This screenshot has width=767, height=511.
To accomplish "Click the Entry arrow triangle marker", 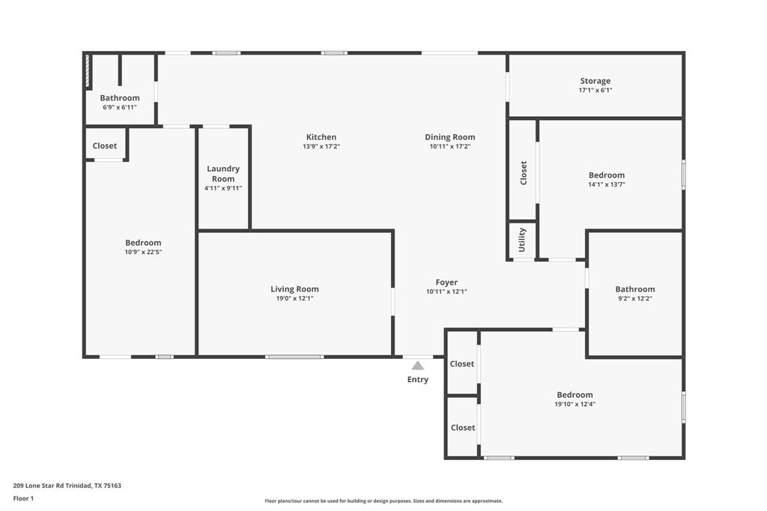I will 418,366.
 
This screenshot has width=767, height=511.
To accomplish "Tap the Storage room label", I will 595,81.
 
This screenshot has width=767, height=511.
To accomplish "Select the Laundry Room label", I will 223,174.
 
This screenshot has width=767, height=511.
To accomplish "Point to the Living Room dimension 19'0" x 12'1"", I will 294,299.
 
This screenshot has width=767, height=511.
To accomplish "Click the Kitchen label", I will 321,137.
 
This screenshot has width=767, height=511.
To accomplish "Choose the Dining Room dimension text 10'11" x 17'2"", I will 449,147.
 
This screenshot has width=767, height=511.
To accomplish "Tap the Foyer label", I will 446,282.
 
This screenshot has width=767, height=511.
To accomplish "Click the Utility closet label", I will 522,241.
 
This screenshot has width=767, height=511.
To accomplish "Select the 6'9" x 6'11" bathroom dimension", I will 120,108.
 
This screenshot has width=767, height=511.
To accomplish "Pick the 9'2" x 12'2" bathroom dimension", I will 635,299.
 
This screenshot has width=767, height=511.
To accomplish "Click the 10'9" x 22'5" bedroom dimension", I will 143,253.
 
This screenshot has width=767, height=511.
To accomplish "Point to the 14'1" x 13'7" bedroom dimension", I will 607,185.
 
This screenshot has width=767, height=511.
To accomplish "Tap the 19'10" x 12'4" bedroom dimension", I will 575,405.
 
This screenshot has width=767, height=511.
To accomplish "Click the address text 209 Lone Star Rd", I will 67,486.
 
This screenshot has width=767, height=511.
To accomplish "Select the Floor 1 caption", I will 23,498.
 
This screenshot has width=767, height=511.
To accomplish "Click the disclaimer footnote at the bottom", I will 383,501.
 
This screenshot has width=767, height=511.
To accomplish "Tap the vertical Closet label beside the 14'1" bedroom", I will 524,173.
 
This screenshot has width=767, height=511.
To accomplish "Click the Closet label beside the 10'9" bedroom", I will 105,146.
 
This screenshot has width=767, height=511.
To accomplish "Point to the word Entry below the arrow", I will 418,380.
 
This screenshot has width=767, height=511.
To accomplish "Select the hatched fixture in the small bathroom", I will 88,71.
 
